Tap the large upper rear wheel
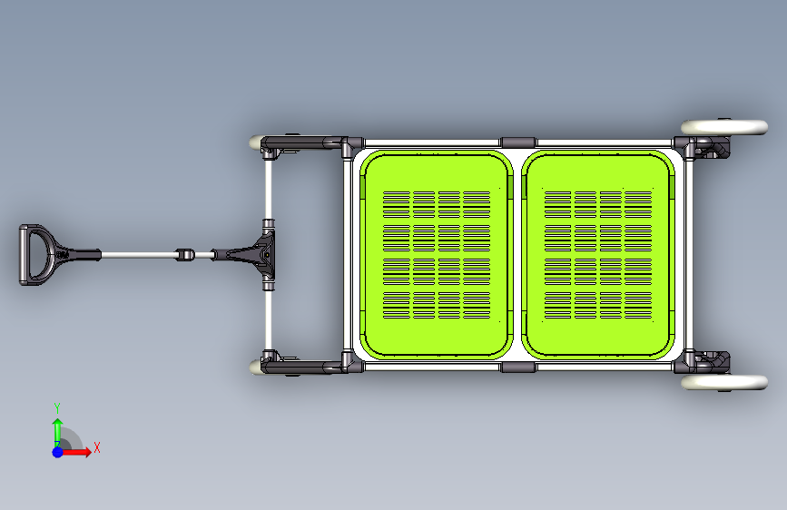(x=724, y=127)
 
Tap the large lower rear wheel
(x=724, y=383)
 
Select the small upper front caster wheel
(x=255, y=142)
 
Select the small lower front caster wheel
(x=255, y=367)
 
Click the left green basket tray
(x=436, y=254)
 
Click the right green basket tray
(x=598, y=254)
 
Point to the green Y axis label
(x=57, y=407)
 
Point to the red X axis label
(x=97, y=447)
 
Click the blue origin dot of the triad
(x=58, y=452)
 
